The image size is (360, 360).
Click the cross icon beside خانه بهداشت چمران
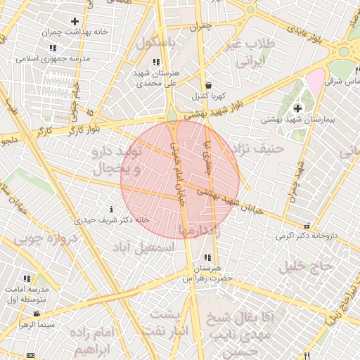[x=75, y=22]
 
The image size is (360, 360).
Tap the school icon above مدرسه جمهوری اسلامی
[x=53, y=48]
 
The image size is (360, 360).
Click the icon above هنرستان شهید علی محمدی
[x=156, y=63]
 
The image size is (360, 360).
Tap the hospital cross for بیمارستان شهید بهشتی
[x=298, y=108]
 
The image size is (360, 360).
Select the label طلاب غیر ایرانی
[x=246, y=53]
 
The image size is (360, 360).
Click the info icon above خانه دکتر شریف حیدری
[x=111, y=209]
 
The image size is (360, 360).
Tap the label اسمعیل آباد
[x=147, y=247]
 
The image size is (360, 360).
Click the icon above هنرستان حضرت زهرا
[x=207, y=258]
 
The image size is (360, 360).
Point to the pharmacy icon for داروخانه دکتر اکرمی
[x=307, y=226]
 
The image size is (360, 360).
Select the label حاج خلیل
[x=304, y=266]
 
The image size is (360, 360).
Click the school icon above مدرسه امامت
[x=27, y=278]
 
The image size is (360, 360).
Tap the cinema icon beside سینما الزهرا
[x=27, y=326]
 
